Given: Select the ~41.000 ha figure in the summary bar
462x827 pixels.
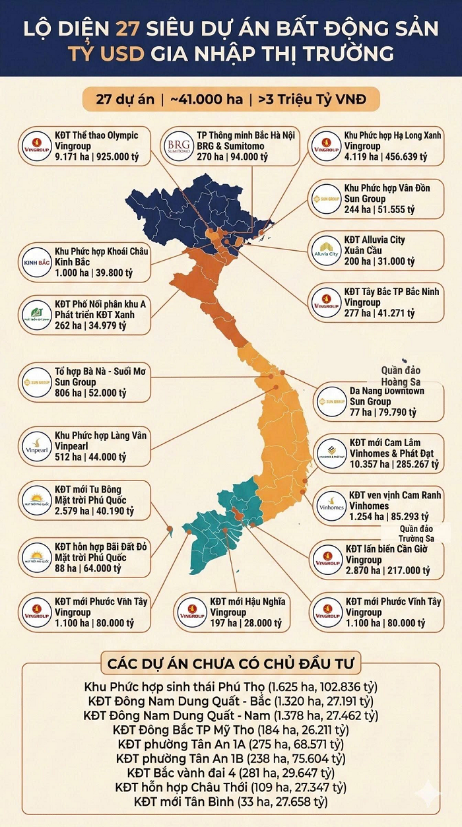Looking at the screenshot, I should point(206,100).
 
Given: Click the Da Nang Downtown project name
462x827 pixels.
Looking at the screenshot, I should point(386,390).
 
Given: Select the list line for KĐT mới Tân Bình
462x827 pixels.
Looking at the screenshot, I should point(230,801).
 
